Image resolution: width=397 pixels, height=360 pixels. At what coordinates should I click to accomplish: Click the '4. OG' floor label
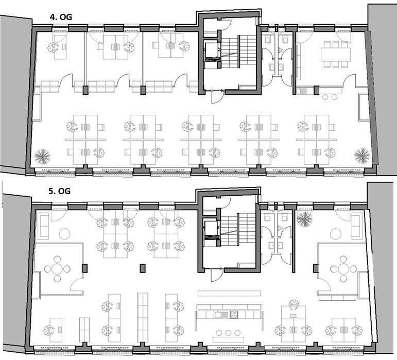[x=61, y=17]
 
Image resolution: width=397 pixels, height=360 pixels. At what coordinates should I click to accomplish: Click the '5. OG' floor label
[x=60, y=191]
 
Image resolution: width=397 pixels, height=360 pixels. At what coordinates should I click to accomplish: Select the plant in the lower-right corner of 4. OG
[x=362, y=156]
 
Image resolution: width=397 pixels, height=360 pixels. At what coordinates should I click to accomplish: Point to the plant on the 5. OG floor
[x=305, y=219]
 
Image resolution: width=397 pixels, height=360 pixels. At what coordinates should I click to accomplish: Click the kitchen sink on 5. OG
[x=218, y=315]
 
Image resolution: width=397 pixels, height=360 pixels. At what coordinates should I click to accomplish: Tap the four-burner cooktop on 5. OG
[x=234, y=315]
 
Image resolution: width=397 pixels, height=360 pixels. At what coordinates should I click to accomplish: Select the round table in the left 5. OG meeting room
[x=57, y=269]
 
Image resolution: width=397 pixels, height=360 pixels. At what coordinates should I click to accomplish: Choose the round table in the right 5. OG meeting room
[x=343, y=269]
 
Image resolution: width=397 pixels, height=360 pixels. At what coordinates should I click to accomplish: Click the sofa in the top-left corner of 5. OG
[x=43, y=226]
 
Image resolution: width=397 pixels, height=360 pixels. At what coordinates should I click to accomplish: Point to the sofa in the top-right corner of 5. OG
[x=357, y=226]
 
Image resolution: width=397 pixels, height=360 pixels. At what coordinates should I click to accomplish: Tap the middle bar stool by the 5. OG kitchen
[x=229, y=333]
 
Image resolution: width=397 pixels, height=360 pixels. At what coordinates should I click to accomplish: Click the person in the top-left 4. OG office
[x=53, y=47]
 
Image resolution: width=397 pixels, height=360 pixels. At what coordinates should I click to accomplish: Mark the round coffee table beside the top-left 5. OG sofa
[x=64, y=234]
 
